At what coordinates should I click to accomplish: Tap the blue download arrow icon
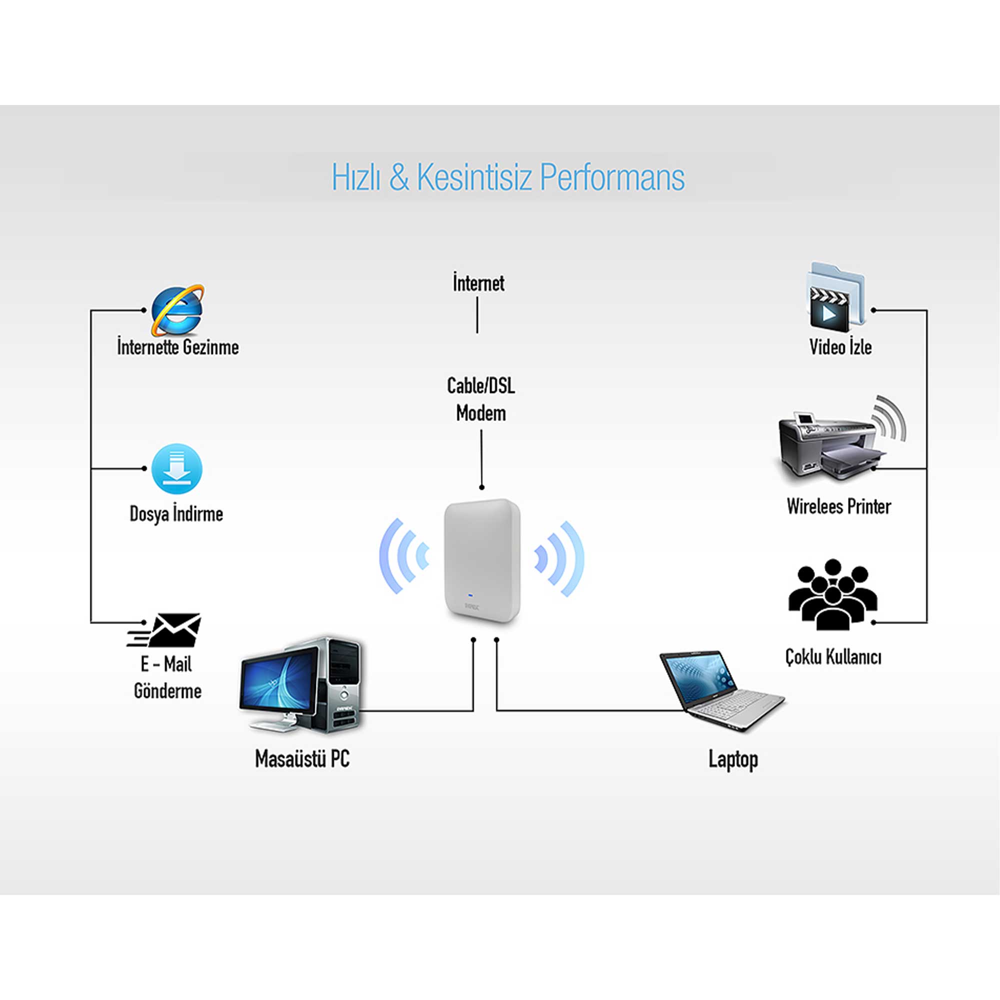[176, 469]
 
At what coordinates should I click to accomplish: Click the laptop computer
[722, 690]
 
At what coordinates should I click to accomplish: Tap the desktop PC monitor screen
[278, 678]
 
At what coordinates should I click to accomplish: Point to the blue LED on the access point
[469, 594]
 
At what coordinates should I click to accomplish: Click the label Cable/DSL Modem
[481, 399]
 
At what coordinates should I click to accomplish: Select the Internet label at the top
[478, 283]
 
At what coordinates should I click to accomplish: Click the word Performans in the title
[612, 177]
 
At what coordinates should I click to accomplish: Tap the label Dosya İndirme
[176, 514]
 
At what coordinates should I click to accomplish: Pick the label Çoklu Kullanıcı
[833, 657]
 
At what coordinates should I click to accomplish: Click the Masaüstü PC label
[302, 759]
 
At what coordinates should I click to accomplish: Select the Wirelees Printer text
[838, 506]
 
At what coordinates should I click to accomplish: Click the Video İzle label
[840, 347]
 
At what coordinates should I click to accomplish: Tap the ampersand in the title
[398, 177]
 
